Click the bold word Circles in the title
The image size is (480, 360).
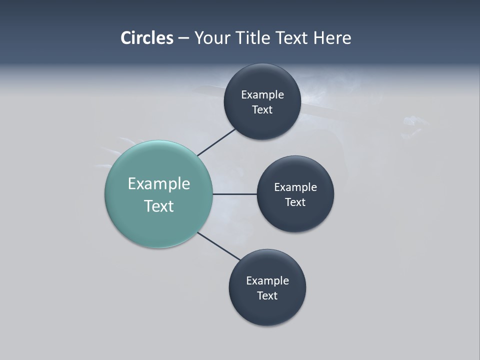point(146,38)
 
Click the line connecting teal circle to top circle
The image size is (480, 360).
point(217,142)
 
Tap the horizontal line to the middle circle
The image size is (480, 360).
point(234,194)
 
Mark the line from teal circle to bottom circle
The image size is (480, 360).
point(219,246)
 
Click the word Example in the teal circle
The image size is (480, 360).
point(159,184)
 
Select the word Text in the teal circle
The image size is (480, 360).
point(159,206)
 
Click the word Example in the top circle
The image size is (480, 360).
point(262,95)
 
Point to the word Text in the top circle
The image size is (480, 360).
point(262,110)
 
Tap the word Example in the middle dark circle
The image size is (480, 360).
point(295,187)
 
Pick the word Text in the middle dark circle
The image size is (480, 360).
point(295,202)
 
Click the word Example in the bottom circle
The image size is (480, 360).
point(267,281)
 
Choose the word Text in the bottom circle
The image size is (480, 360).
point(267,296)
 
